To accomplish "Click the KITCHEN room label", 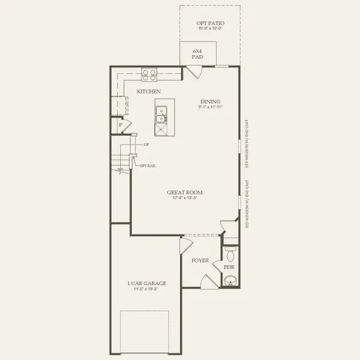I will [x=148, y=91].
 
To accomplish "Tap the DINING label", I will [x=211, y=101].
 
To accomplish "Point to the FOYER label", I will [x=200, y=261].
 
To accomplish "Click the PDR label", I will [x=229, y=266].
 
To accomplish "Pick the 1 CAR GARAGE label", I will [x=146, y=283].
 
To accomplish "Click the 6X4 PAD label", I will [x=197, y=54].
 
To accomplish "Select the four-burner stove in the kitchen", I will [x=149, y=74].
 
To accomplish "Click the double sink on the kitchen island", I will [x=161, y=114].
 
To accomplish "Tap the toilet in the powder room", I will [x=229, y=252].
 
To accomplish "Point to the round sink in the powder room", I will [x=229, y=280].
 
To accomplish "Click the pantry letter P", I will [x=120, y=125].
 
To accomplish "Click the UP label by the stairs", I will [x=146, y=145].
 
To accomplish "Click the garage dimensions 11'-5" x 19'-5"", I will [x=146, y=289].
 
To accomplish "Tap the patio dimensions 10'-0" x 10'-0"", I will [x=211, y=28].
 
